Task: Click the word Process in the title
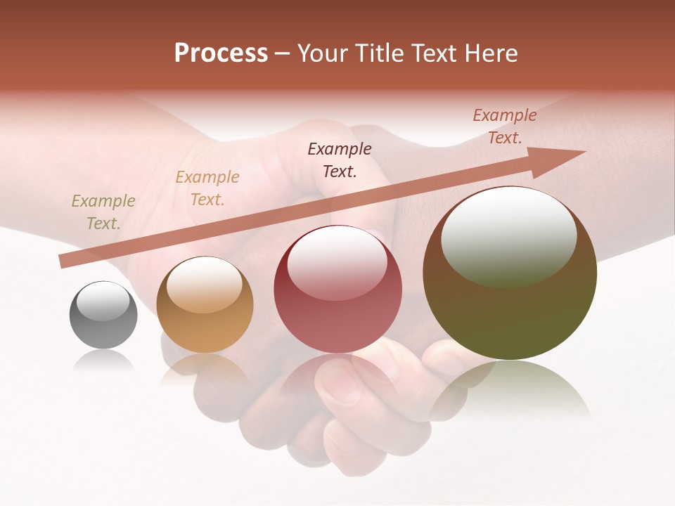point(221,53)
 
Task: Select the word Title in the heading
point(382,53)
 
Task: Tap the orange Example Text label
point(207,188)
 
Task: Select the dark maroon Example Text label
point(340,160)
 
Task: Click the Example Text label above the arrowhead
point(504,126)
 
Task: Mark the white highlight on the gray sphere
point(103,301)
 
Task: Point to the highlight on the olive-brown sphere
point(508,237)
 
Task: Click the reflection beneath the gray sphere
point(103,362)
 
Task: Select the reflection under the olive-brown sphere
point(510,390)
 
